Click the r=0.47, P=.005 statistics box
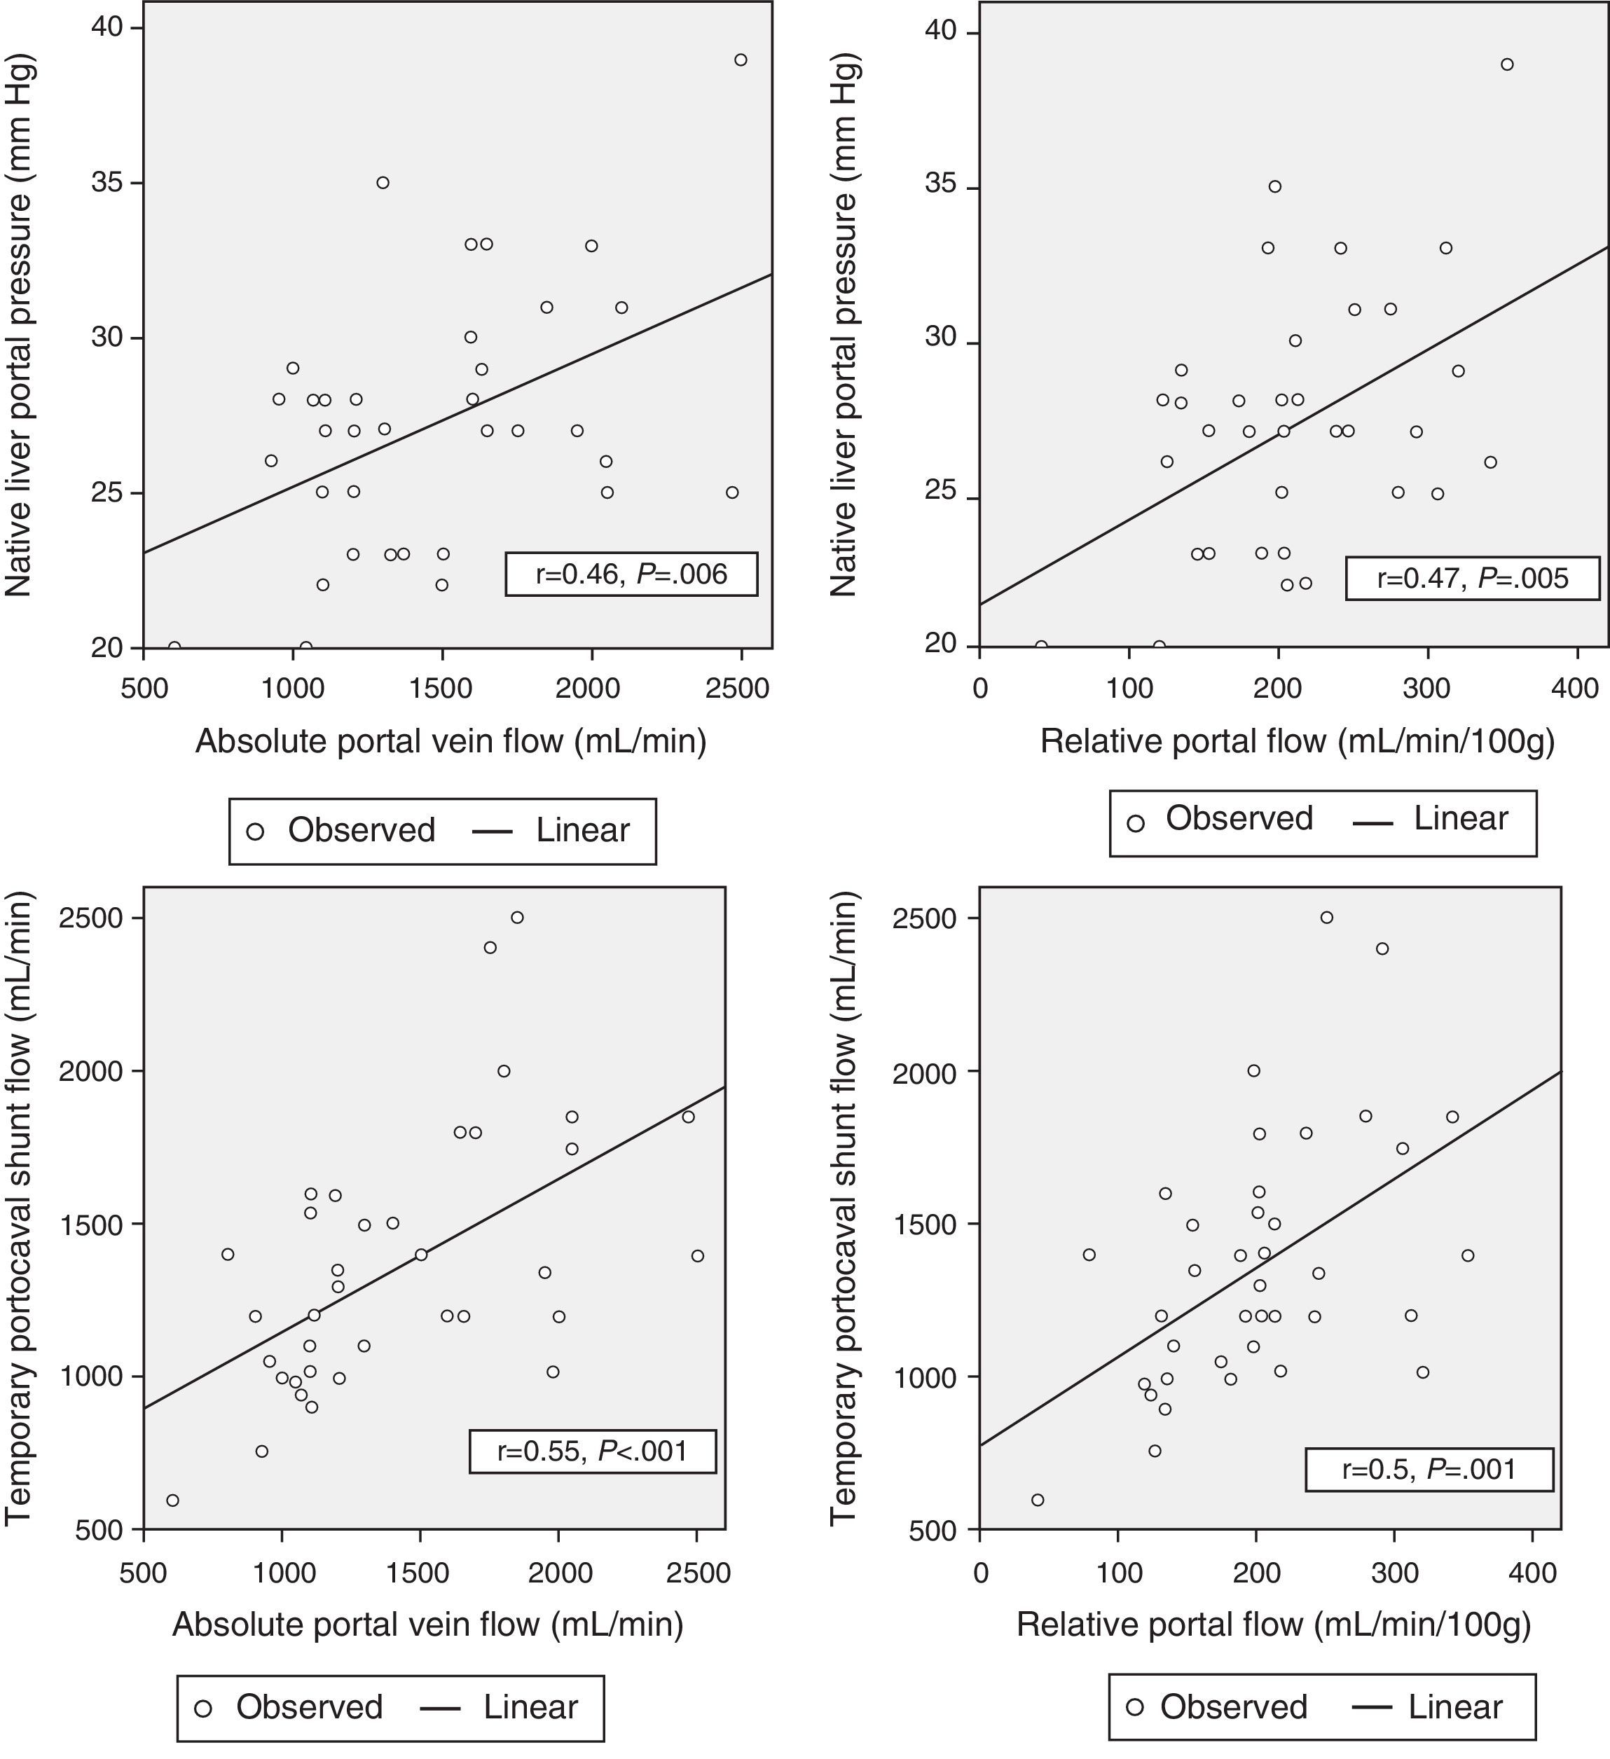coord(1472,578)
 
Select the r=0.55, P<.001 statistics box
coord(593,1451)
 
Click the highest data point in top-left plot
coord(741,60)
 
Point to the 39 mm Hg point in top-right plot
coord(1507,64)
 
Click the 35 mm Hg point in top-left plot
coord(383,182)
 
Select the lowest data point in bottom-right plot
coord(1038,1500)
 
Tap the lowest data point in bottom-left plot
coord(173,1500)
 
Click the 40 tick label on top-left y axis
coord(107,28)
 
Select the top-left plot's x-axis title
coord(450,740)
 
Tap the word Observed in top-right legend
coord(1239,818)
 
